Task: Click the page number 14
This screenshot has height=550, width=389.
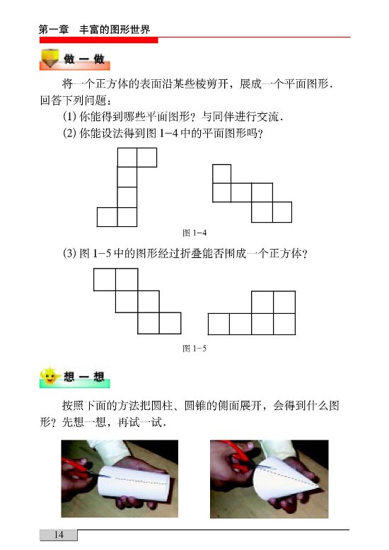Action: [x=59, y=534]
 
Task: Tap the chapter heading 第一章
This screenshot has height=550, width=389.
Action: [x=54, y=30]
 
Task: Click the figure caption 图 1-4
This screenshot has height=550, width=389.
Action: [x=194, y=233]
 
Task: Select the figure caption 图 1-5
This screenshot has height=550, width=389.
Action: [x=194, y=349]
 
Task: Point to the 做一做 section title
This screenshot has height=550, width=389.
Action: [x=84, y=59]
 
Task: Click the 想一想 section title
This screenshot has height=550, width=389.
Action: [x=84, y=377]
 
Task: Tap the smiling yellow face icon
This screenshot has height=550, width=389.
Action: [x=49, y=375]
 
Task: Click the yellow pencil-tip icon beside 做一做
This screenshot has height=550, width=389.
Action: [x=50, y=58]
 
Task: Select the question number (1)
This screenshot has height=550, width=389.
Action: [x=69, y=117]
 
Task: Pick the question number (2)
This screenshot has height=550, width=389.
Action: [x=69, y=134]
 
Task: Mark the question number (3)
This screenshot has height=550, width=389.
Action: [x=69, y=253]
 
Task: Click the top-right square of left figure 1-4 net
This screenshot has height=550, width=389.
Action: [x=146, y=158]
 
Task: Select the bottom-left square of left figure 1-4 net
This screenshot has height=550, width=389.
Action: [x=107, y=217]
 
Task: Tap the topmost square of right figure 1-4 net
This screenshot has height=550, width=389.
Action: [x=222, y=174]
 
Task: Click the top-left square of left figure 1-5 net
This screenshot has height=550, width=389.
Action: [x=105, y=279]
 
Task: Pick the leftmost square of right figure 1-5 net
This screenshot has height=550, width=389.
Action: [x=219, y=324]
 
